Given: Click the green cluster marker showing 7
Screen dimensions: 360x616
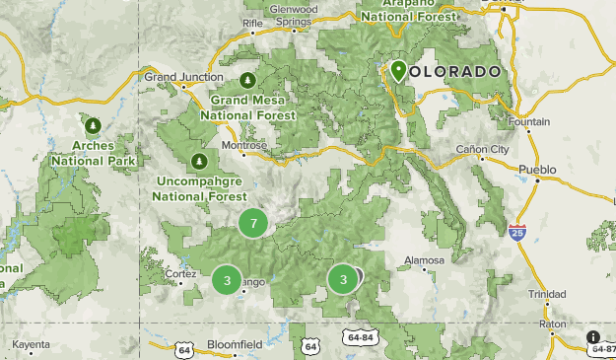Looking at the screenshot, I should click(253, 224).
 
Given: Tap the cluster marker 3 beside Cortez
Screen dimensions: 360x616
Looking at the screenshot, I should click(227, 280).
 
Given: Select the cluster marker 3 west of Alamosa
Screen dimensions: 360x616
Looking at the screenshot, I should click(342, 279).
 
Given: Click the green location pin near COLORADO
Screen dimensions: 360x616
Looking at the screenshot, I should click(398, 71).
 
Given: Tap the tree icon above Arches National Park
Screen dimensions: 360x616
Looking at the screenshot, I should click(93, 125).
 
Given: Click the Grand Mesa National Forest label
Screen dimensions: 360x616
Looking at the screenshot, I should click(248, 107).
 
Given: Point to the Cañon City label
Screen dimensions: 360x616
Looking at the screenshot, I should click(482, 149).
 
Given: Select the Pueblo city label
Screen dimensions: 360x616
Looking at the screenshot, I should click(537, 170).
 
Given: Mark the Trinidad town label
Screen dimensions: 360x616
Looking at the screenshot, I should click(546, 295).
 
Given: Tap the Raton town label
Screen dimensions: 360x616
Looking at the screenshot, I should click(552, 323).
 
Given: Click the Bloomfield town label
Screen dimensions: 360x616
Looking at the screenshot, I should click(235, 344).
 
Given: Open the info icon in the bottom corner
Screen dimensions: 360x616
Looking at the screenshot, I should click(593, 337).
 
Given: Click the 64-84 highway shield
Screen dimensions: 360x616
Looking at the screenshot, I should click(360, 337).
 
